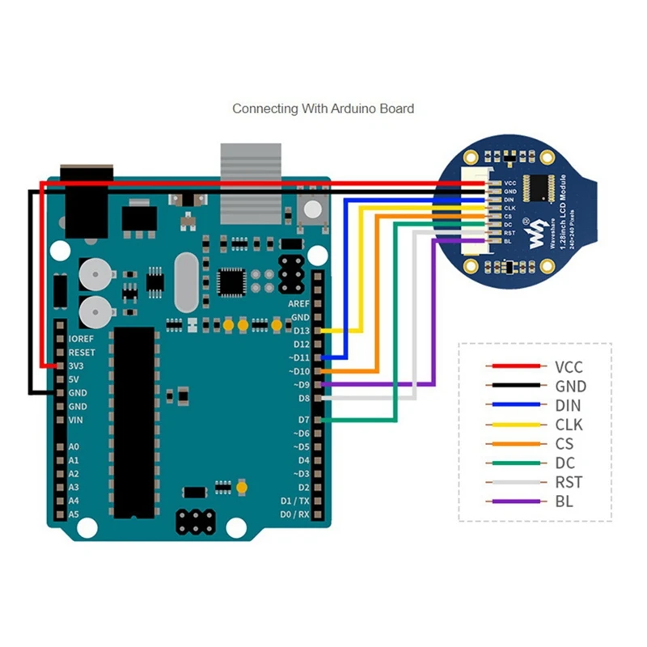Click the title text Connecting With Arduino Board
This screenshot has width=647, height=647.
323,108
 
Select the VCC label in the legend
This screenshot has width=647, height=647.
569,367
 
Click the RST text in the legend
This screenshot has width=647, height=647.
568,483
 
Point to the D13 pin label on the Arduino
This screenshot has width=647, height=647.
301,331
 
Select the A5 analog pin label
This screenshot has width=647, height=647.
74,514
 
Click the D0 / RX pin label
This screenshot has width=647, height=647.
294,514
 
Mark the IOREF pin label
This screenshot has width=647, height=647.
82,339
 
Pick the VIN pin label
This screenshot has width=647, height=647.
77,421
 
